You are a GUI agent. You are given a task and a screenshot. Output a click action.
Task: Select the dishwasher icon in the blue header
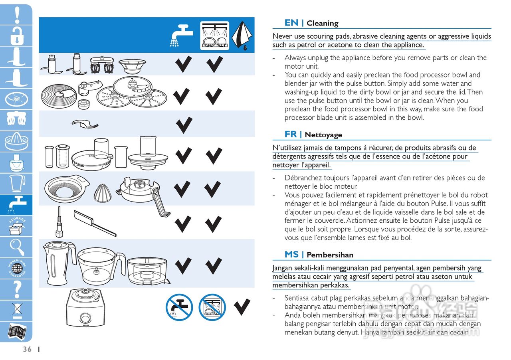(214, 36)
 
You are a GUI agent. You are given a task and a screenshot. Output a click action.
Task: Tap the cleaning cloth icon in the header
(243, 35)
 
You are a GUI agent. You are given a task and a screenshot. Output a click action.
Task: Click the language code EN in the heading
(291, 23)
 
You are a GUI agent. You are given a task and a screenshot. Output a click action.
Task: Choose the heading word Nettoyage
(323, 135)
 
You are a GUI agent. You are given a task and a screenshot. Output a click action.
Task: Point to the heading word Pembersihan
(330, 255)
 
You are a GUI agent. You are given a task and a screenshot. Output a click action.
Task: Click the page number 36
(27, 349)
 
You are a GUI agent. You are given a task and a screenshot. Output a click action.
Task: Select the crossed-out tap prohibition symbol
(180, 307)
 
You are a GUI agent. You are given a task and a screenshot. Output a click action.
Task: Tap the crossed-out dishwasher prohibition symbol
(212, 307)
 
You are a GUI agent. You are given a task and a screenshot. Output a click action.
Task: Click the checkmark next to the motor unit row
(242, 307)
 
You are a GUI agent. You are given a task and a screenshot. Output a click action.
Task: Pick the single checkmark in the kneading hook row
(184, 125)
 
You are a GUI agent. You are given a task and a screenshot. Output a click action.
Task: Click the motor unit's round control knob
(85, 318)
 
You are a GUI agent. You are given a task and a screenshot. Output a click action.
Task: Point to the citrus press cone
(101, 193)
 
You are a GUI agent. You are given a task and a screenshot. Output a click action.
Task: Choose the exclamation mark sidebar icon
(17, 15)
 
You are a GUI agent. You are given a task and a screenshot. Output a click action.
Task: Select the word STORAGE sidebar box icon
(16, 225)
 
